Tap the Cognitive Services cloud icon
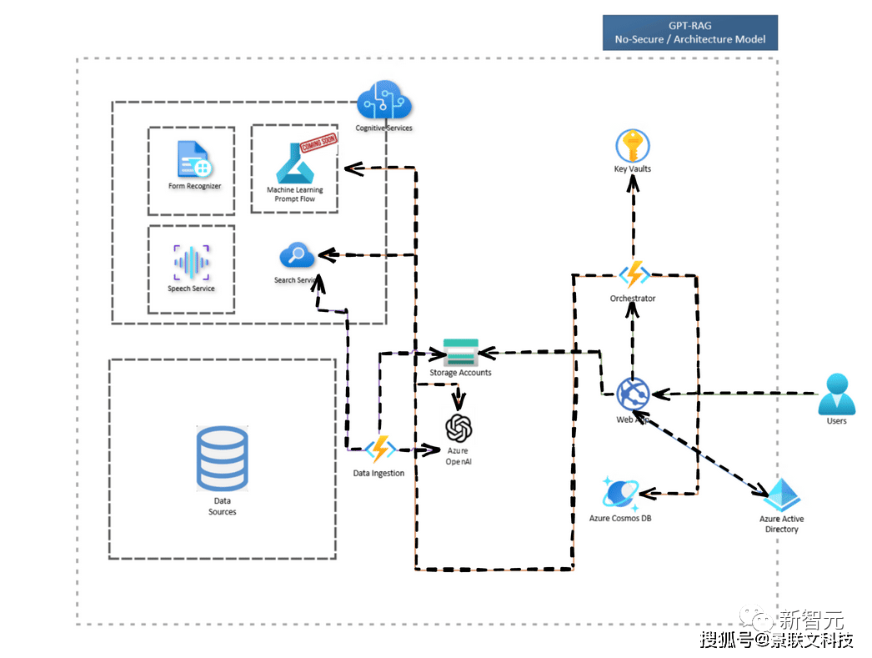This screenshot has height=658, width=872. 384,103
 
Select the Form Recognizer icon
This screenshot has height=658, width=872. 193,160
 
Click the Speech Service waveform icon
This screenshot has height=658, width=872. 192,263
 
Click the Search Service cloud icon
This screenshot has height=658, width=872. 297,254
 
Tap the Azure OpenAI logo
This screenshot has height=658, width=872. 459,428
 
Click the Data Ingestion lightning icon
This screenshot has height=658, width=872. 380,450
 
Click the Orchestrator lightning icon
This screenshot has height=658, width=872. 634,274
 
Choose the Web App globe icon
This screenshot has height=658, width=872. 633,393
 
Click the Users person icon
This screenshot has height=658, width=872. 836,394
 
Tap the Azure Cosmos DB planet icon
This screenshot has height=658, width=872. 619,495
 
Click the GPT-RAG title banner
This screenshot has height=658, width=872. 689,33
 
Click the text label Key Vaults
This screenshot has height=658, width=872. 633,169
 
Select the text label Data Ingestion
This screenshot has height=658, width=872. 378,474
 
